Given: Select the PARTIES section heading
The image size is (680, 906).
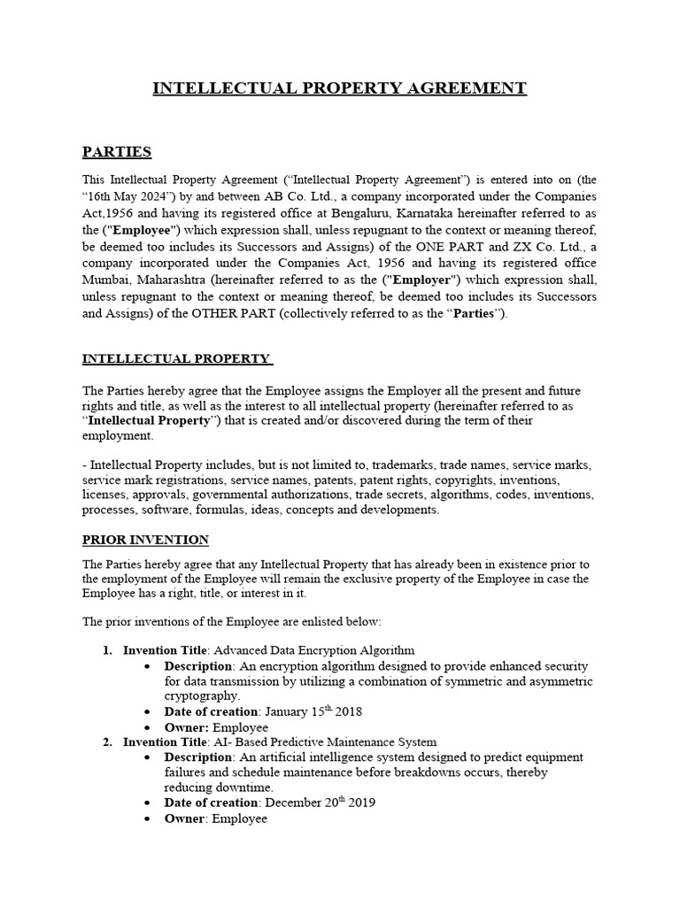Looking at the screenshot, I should click(117, 152).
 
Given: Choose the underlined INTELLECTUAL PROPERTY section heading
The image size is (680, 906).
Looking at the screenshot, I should click(176, 358).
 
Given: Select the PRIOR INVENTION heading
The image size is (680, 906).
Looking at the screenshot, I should click(145, 539).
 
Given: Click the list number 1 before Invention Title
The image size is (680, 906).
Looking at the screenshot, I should click(106, 650).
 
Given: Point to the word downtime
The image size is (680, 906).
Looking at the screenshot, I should click(248, 787).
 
